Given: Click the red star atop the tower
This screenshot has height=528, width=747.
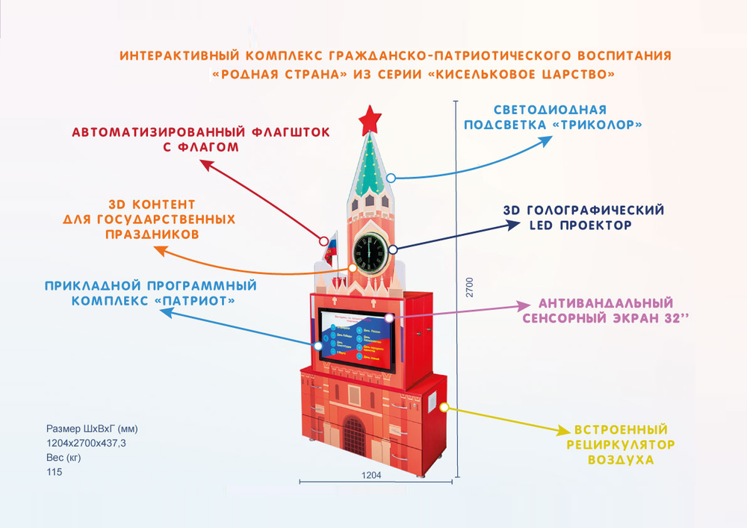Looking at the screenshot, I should coord(368,119).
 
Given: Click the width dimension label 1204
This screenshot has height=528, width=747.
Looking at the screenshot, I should coord(371,474).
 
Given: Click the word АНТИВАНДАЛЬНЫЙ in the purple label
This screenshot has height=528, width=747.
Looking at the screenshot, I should coord(602,304).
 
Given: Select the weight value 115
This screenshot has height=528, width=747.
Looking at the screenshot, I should coord(54,471).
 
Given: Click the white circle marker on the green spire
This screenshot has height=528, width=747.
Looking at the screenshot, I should coord(391,178).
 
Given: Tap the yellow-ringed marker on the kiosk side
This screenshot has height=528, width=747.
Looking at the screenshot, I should coord(444,408).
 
